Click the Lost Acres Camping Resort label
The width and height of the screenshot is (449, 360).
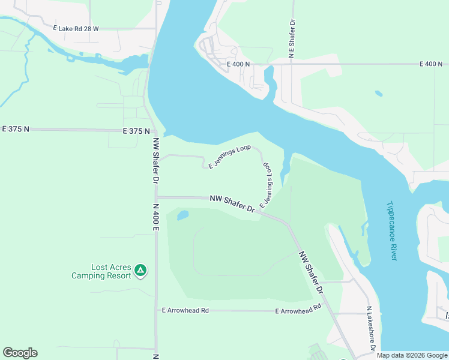click(x=101, y=271)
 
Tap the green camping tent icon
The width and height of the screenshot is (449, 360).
click(x=140, y=271)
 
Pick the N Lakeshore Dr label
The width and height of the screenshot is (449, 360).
click(x=371, y=329)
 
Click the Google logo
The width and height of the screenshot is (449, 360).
click(x=20, y=353)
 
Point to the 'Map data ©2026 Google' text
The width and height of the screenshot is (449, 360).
click(x=411, y=355)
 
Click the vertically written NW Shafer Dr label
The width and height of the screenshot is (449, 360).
click(x=155, y=161)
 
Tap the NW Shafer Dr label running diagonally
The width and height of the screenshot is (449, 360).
click(x=312, y=272)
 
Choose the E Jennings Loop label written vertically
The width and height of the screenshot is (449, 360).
click(x=265, y=184)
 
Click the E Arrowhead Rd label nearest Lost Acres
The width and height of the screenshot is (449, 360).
click(x=185, y=310)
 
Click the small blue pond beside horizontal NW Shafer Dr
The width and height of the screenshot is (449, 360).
click(x=183, y=215)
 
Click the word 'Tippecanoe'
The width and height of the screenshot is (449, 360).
click(x=391, y=220)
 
